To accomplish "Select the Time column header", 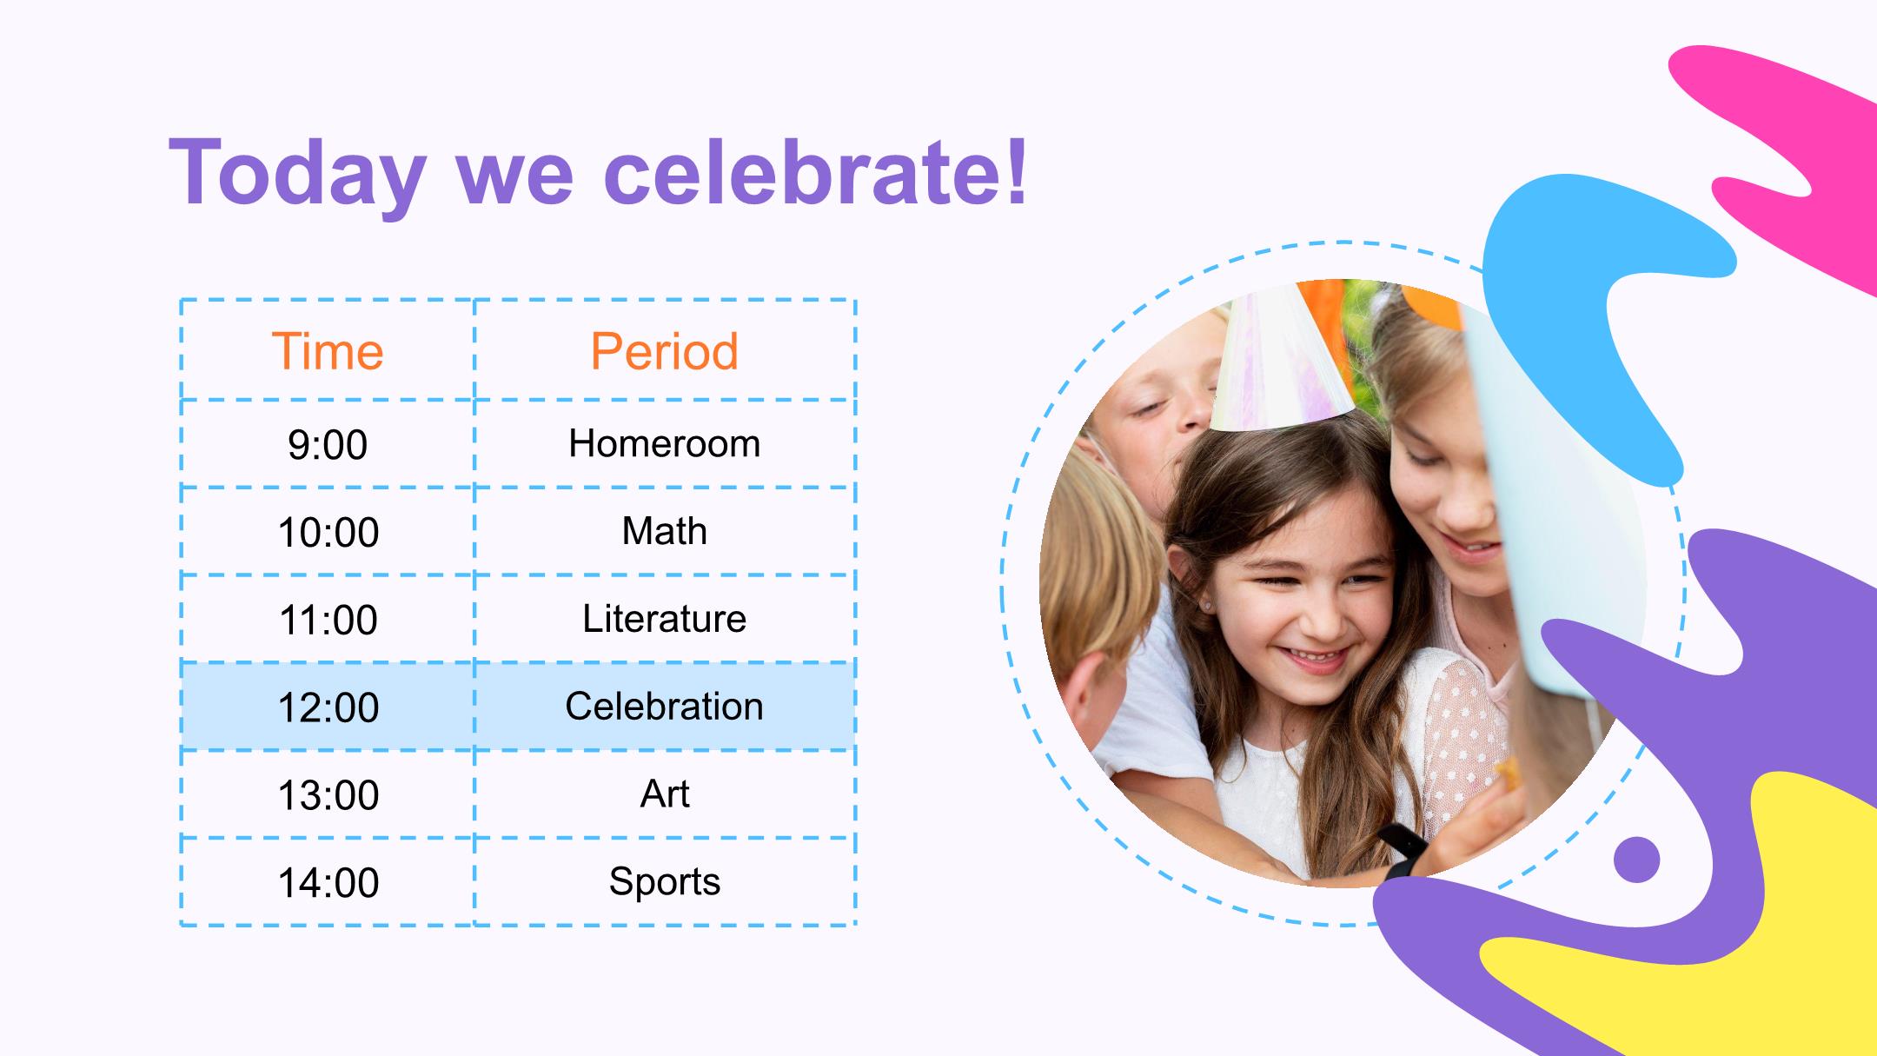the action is [328, 351].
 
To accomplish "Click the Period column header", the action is [665, 351].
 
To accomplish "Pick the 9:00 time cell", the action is [328, 445].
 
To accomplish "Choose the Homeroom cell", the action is [665, 444].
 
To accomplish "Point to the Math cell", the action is [665, 531].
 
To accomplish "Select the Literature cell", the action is [665, 619].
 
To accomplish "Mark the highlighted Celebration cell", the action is [665, 707].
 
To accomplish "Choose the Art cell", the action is [665, 794].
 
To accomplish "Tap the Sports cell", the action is [665, 881].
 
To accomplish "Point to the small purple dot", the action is [1636, 860].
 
